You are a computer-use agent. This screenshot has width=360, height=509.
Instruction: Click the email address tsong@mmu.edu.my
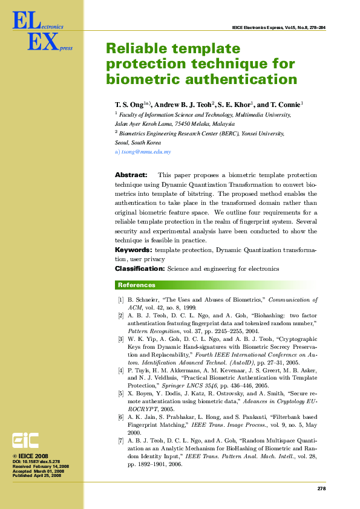point(146,152)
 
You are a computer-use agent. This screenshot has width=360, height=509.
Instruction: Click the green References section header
point(137,285)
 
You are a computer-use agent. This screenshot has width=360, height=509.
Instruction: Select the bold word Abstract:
point(131,175)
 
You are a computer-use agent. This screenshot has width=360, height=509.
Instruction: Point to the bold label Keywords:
point(133,250)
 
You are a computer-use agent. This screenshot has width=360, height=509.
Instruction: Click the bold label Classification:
point(140,268)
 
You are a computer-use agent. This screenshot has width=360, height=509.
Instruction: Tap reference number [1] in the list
point(121,300)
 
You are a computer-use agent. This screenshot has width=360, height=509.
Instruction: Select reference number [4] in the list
point(121,369)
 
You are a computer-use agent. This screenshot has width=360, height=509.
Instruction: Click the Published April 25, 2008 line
point(36,476)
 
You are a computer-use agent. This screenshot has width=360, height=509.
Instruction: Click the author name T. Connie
point(284,105)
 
